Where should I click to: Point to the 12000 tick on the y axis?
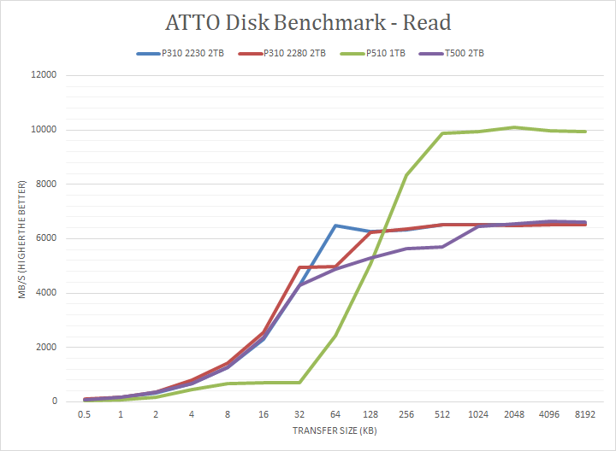[44, 75]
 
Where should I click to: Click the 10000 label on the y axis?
[44, 130]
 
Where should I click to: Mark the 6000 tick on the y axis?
[46, 238]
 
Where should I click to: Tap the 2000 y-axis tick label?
[46, 348]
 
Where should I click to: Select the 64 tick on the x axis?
[335, 414]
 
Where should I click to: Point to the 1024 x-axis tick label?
[477, 414]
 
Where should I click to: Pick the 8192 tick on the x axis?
[584, 414]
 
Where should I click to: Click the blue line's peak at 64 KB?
[335, 225]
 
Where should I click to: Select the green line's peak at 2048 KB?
[513, 127]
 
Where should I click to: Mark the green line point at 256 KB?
[406, 175]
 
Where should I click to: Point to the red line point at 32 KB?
[299, 267]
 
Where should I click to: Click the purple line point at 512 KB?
[442, 247]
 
